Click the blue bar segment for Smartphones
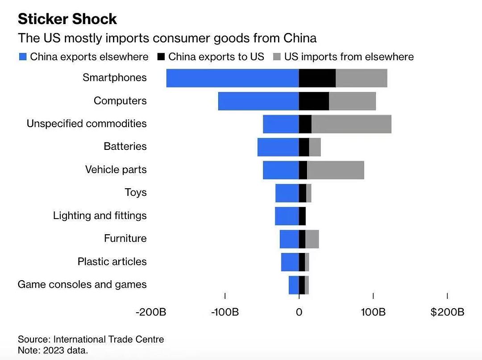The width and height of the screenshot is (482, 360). pos(233,78)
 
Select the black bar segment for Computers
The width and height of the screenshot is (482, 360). pos(314,101)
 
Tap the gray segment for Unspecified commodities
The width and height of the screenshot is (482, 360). pos(351,124)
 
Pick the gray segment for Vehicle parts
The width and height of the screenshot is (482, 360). pos(335,170)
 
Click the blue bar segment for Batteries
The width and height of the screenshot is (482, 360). pos(278,147)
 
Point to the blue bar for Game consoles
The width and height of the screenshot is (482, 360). pos(294,285)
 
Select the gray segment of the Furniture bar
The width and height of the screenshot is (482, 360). pos(312,239)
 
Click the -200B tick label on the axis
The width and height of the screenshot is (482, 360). pos(151,312)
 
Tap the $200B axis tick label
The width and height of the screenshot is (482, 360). pos(447,312)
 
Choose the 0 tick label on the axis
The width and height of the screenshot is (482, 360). pos(299,312)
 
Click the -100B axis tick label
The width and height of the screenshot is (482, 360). pos(224,312)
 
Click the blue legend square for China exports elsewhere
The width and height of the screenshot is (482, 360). pos(23,57)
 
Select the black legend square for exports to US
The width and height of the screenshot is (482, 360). pos(161,57)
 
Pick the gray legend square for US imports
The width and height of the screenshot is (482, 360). pos(277,57)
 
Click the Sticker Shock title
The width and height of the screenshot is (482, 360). pos(67,19)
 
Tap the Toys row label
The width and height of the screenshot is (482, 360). pos(136,193)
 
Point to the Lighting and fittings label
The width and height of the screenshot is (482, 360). pos(100,216)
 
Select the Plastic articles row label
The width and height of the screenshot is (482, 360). pos(112,262)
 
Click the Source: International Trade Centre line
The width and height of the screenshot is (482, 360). pos(91,339)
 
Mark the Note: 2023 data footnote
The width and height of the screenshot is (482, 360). pos(53,350)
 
